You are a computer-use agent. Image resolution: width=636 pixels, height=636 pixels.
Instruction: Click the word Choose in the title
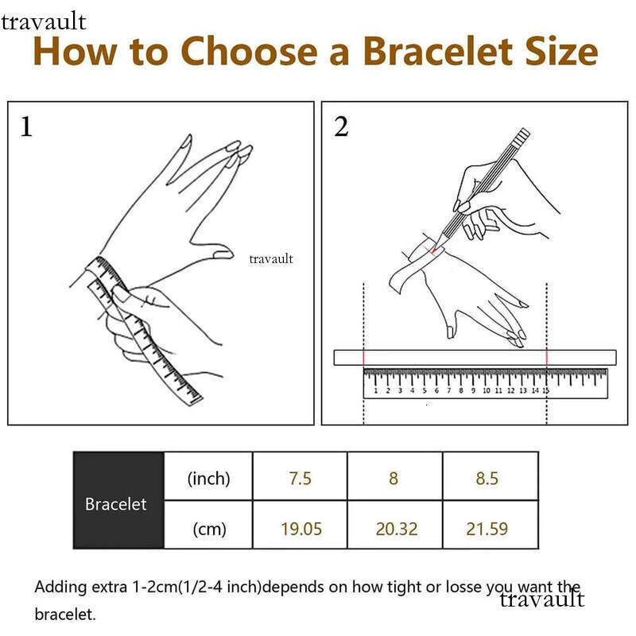click(249, 51)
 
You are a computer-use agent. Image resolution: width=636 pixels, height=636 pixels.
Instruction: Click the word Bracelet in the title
click(438, 51)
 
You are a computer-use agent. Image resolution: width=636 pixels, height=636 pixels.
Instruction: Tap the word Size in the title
click(562, 51)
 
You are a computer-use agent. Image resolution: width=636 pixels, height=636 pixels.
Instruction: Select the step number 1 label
click(26, 126)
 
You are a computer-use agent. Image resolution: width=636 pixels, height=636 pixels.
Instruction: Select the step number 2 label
click(341, 126)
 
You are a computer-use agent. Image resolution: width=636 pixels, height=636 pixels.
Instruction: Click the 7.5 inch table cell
click(300, 476)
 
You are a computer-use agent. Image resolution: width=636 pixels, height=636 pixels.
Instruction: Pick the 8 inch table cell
click(394, 476)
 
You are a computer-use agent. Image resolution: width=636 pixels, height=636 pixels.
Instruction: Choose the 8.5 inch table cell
click(491, 476)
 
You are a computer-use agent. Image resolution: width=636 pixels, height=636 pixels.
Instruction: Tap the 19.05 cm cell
click(300, 525)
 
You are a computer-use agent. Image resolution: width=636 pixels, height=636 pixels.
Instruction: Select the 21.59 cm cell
click(491, 525)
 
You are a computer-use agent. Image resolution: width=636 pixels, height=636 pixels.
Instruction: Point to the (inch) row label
click(208, 479)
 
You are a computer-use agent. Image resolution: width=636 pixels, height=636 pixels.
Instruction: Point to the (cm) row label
click(209, 529)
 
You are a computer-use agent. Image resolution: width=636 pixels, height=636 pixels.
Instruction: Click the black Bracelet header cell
click(118, 501)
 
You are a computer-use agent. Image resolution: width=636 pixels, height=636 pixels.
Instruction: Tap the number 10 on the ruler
click(487, 390)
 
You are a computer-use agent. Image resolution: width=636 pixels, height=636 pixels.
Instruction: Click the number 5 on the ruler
click(425, 390)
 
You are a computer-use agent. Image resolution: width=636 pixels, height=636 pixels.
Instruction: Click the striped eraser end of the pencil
click(522, 134)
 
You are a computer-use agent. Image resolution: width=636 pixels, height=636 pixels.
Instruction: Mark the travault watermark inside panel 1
click(270, 258)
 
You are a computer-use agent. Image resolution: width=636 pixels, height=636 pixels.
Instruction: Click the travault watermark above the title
click(44, 22)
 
